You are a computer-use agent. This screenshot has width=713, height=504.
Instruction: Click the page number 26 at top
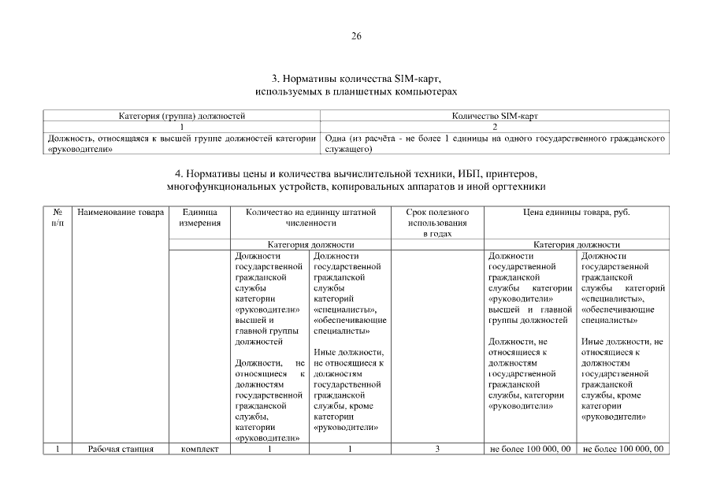click(356, 37)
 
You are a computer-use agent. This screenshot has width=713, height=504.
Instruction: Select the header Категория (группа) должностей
click(182, 116)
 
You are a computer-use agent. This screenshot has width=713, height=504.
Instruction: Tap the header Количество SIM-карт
click(495, 116)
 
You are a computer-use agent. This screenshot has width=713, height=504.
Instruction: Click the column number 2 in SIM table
click(495, 126)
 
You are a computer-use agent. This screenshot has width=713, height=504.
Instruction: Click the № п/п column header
click(57, 217)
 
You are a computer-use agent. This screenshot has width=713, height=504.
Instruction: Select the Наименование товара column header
click(121, 212)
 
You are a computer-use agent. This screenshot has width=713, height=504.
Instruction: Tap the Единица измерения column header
click(199, 217)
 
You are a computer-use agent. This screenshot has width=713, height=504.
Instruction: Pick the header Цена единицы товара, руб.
click(577, 212)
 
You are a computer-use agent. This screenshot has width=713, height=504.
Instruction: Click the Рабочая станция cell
click(121, 450)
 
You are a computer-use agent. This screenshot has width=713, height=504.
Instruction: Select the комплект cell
click(199, 450)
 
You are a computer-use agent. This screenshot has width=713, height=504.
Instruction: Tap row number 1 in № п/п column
click(57, 450)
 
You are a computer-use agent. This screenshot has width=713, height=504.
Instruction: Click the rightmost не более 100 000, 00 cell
click(623, 450)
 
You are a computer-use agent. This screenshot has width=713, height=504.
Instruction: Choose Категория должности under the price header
click(577, 245)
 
